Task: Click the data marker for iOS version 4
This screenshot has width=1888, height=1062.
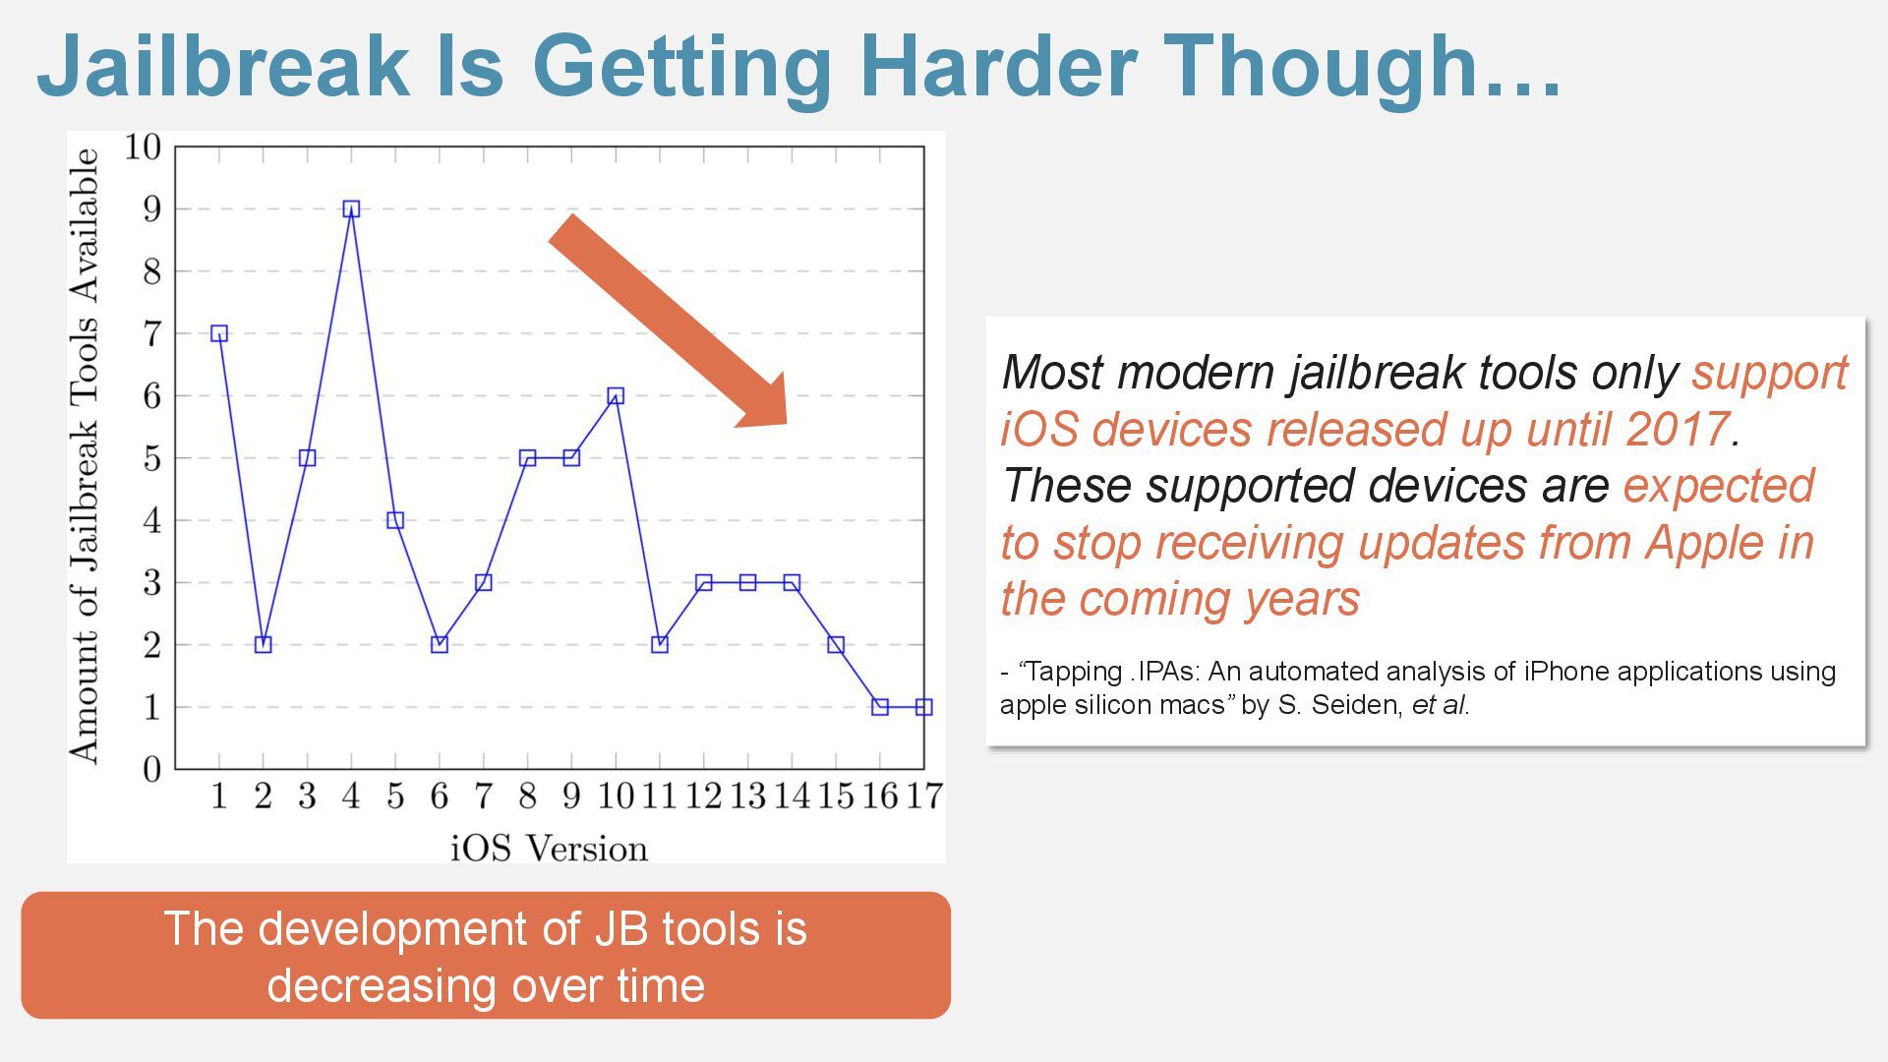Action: [351, 208]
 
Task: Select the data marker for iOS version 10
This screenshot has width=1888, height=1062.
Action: [616, 395]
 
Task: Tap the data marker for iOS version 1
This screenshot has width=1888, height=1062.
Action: [219, 333]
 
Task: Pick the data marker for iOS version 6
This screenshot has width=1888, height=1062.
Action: [440, 644]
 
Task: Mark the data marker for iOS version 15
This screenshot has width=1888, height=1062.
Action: [836, 644]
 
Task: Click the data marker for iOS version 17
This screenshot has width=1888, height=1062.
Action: [923, 707]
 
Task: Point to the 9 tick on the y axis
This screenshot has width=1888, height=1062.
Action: [151, 209]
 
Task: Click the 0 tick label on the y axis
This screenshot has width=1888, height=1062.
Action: [151, 769]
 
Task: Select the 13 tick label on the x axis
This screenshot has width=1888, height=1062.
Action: [747, 796]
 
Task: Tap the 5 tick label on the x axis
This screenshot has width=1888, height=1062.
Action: [395, 796]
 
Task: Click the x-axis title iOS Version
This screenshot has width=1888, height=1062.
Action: [550, 848]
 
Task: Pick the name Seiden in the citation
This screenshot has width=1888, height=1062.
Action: [1358, 705]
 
